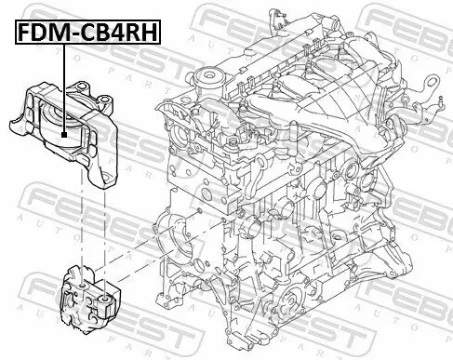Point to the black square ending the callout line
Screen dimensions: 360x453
click(63, 135)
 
